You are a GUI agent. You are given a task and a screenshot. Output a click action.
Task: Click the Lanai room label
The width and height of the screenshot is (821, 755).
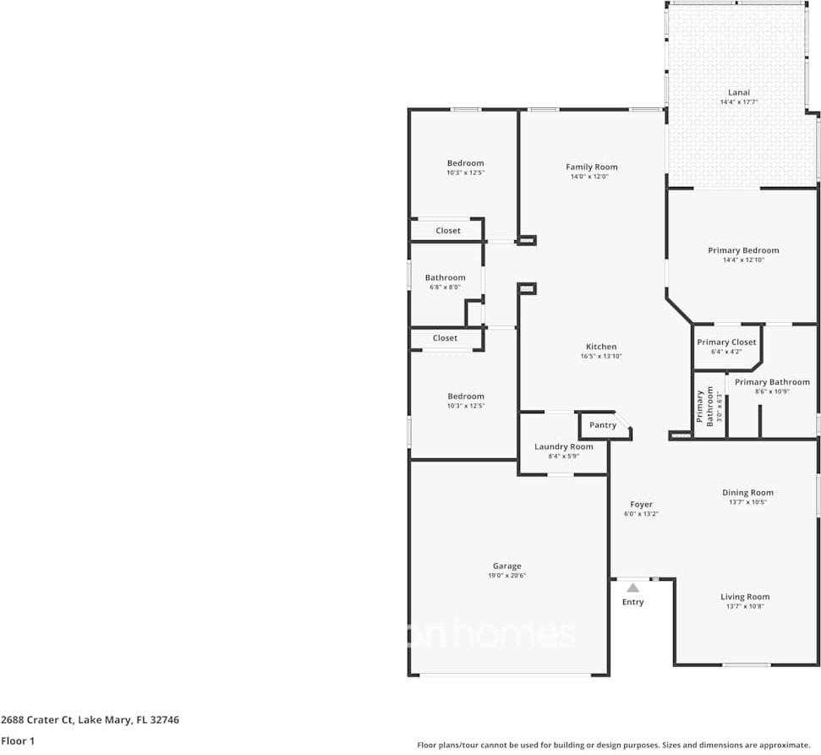739,92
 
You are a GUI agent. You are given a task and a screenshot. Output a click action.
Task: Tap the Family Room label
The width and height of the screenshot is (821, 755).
592,167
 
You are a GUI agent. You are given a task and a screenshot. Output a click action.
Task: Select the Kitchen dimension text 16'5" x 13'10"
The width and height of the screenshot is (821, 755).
601,357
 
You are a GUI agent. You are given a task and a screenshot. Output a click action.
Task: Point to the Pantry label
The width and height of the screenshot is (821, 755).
603,425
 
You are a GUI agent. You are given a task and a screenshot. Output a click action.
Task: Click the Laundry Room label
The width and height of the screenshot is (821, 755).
563,446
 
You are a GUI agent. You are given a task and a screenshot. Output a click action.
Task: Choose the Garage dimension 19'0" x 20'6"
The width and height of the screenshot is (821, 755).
507,576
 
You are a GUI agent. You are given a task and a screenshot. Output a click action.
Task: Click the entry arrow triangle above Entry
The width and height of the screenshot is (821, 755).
632,587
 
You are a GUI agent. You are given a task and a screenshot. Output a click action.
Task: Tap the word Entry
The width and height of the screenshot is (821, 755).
632,602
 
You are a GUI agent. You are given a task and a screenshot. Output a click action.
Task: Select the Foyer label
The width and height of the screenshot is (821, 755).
641,504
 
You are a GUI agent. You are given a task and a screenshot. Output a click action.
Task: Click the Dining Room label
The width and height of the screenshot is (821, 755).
747,492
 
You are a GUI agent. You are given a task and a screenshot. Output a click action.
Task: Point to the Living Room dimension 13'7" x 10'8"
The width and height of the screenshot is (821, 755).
745,606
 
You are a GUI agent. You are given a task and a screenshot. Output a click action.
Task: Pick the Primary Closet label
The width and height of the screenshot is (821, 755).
726,342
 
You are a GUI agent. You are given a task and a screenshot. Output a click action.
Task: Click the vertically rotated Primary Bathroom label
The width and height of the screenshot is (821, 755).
700,408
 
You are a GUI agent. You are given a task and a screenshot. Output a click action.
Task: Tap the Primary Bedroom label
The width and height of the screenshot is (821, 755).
743,250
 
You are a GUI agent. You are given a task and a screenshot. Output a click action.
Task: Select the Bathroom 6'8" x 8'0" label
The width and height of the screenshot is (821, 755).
445,277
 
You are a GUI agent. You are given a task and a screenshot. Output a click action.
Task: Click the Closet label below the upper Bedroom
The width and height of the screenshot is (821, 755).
448,231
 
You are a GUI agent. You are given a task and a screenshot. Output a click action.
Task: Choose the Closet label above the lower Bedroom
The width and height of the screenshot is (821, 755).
445,338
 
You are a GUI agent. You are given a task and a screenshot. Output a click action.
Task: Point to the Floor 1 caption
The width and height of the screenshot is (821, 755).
17,741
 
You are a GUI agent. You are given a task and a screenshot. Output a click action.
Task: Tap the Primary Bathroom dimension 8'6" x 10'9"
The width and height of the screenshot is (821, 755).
771,391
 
